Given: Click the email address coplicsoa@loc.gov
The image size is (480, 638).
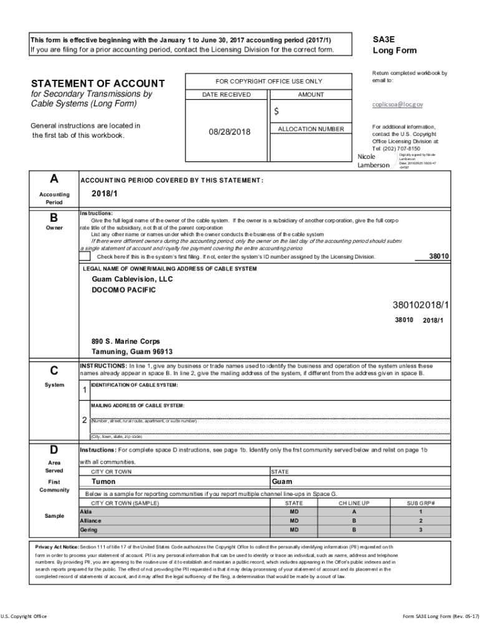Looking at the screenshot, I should click(397, 105).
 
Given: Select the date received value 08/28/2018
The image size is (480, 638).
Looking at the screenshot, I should click(229, 132).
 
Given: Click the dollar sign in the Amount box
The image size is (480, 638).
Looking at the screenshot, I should click(277, 112).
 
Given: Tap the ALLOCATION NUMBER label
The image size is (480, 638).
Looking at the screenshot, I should click(310, 129).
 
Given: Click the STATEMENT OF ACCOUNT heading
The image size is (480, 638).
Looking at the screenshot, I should click(98, 83).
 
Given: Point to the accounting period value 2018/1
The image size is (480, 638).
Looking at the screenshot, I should click(104, 193).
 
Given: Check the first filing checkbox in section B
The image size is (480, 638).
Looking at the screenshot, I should click(85, 256).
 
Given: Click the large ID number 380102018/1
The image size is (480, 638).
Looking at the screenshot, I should click(421, 305).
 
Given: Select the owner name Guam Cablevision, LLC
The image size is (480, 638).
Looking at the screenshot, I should click(132, 279).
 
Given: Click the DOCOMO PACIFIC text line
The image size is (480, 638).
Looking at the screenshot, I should click(123, 290).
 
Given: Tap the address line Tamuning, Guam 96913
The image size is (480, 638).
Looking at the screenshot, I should click(132, 352).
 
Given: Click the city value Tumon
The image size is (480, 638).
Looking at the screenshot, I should click(103, 482).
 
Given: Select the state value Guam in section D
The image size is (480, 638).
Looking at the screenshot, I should click(282, 482).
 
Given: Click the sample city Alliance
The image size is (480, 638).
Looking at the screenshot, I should click(90, 520).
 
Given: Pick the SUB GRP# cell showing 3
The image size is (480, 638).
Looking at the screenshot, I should click(420, 530).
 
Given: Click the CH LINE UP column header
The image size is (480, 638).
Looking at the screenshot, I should click(353, 503).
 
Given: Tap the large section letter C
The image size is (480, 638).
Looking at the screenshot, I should click(54, 371).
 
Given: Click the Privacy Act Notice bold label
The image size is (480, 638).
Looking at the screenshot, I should click(57, 546).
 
